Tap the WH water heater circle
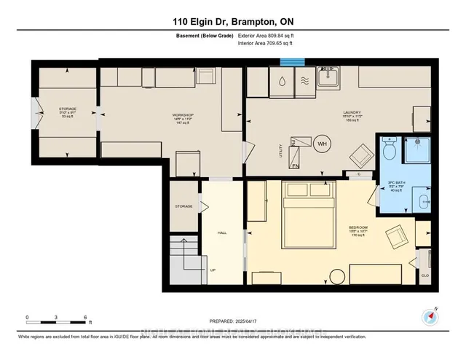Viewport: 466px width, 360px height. click(x=321, y=144)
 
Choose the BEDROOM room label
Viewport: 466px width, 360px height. click(x=358, y=228)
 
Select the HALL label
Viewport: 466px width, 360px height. click(x=222, y=233)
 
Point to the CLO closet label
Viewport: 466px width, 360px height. click(x=425, y=276)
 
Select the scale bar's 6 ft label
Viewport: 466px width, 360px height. click(x=86, y=318)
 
